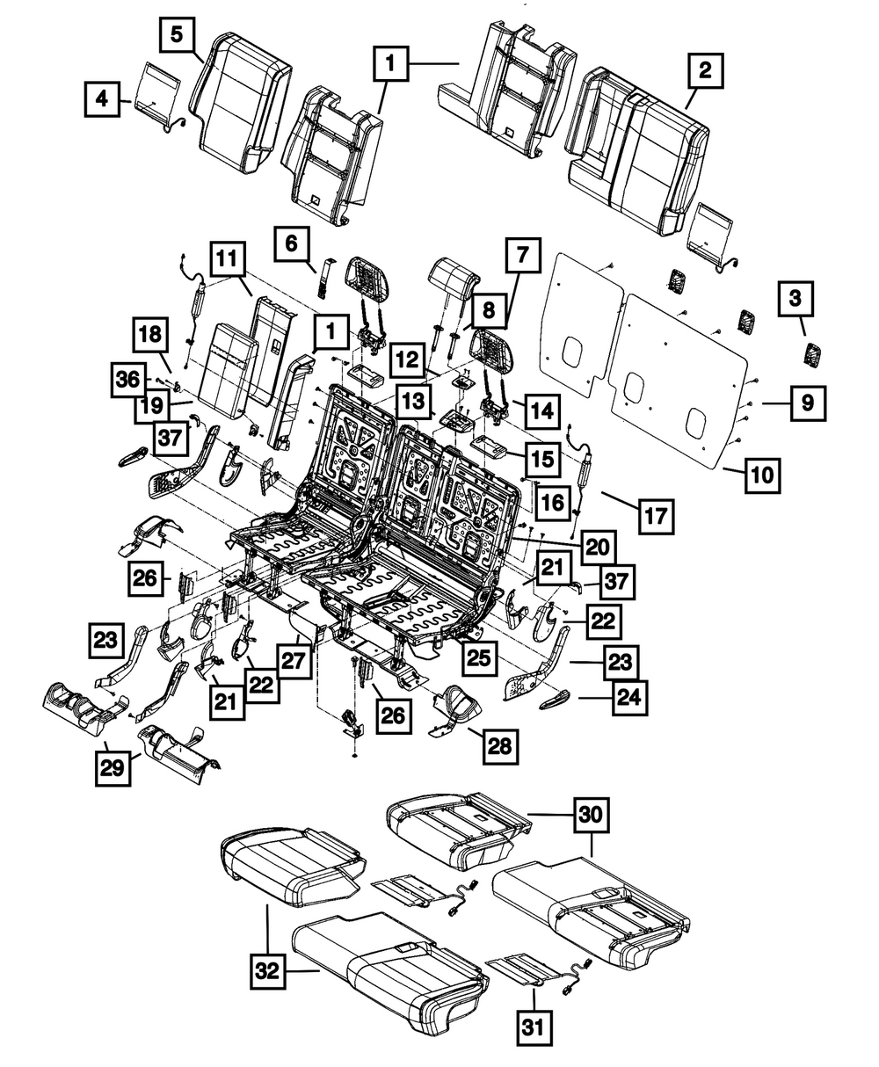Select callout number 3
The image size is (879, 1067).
(795, 299)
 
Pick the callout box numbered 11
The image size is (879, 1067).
(227, 261)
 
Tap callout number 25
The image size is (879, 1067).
(479, 654)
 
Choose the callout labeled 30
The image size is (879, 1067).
(592, 815)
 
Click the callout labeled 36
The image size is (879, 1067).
(127, 379)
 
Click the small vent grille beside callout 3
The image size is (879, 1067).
(812, 356)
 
